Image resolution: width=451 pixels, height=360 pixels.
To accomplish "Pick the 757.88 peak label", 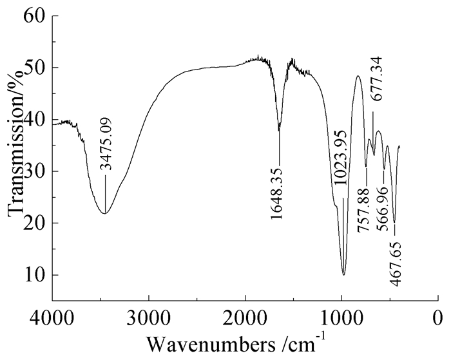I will [x=365, y=202].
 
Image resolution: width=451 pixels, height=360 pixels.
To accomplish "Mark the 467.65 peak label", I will [x=394, y=257].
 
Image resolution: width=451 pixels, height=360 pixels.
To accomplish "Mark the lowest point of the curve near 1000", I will [x=344, y=275].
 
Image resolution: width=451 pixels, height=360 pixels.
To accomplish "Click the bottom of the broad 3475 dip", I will [x=104, y=213].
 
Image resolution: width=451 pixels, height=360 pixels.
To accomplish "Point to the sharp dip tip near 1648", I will [x=279, y=131].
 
